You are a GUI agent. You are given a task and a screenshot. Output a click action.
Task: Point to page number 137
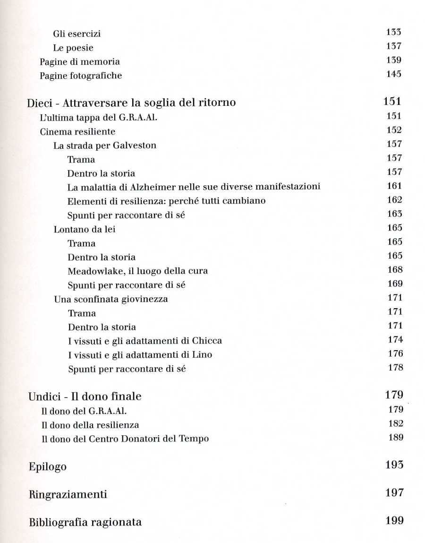click(x=393, y=46)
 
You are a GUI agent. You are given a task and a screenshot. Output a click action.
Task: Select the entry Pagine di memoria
click(x=79, y=62)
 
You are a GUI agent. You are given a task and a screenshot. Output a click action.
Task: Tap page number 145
click(x=393, y=74)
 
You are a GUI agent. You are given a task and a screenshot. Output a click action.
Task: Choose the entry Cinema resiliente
click(x=77, y=132)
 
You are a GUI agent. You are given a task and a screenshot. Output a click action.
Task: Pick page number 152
click(x=393, y=130)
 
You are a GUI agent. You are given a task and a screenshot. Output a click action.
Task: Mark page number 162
click(x=394, y=200)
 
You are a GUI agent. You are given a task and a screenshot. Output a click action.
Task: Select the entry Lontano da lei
click(x=85, y=230)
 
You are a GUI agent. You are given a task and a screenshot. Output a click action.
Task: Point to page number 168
click(x=394, y=270)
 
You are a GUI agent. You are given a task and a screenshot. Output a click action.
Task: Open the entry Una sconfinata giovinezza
click(x=111, y=299)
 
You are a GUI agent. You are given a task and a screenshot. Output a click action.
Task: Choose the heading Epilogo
click(x=47, y=467)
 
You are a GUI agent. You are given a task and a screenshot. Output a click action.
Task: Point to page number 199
click(x=394, y=521)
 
